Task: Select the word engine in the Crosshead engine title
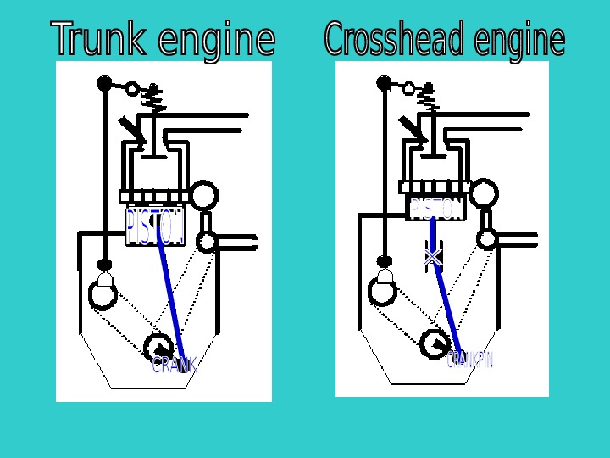click(519, 40)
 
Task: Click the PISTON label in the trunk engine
click(154, 226)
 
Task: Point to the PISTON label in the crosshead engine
click(436, 209)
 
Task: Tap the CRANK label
click(175, 366)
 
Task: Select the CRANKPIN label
click(469, 360)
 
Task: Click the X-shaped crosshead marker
click(433, 255)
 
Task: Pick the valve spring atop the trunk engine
click(154, 99)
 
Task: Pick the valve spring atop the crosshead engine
click(430, 98)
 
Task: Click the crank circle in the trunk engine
click(158, 346)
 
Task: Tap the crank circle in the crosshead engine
click(435, 343)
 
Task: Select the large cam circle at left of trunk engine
click(103, 294)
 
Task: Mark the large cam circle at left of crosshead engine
click(383, 291)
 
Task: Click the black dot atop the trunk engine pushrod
click(105, 83)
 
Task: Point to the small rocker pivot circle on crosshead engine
click(408, 87)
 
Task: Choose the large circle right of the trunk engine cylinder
click(203, 196)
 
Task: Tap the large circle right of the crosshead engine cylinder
click(484, 194)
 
